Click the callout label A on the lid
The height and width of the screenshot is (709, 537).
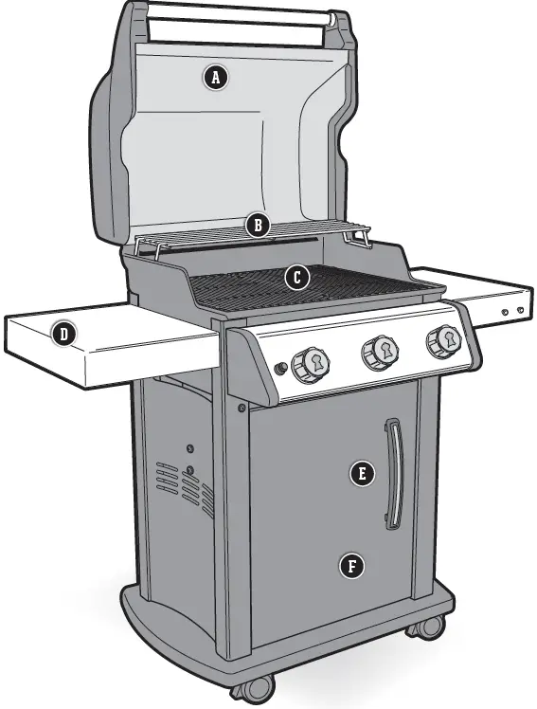216,78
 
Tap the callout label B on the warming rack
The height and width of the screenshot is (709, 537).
257,226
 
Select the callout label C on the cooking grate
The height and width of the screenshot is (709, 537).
296,278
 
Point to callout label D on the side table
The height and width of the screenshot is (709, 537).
63,333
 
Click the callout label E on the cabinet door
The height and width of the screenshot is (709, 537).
359,473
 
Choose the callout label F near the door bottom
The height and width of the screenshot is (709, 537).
352,567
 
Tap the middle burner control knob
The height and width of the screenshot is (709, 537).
379,352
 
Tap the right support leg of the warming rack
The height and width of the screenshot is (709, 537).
361,240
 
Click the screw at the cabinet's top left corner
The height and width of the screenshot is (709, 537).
243,407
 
